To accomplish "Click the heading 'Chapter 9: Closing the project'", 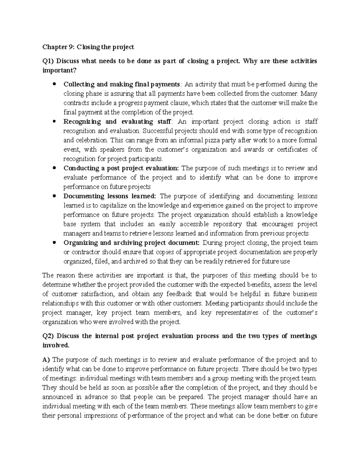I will pyautogui.click(x=88, y=47).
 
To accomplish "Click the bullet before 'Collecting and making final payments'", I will pyautogui.click(x=54, y=84).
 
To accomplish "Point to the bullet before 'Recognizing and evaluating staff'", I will pyautogui.click(x=54, y=122).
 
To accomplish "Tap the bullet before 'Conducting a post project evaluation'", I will pyautogui.click(x=54, y=168).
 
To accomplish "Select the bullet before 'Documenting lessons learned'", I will pyautogui.click(x=54, y=196).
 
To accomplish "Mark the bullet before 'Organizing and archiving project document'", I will pyautogui.click(x=54, y=242).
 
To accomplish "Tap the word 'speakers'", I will pyautogui.click(x=110, y=149).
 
